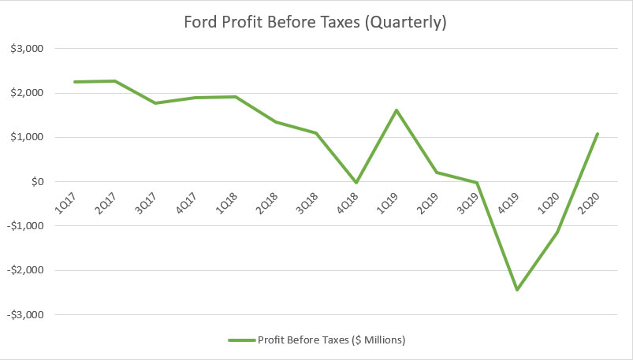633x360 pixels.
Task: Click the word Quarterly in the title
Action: (411, 23)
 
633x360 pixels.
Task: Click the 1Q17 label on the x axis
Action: (66, 200)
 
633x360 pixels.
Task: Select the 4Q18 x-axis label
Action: (351, 200)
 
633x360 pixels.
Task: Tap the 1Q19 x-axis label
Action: (392, 200)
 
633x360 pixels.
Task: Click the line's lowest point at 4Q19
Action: (517, 290)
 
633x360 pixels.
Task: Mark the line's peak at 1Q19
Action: (396, 109)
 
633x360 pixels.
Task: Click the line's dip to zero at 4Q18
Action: (356, 183)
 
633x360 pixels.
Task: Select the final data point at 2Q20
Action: (598, 134)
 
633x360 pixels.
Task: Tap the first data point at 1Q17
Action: (74, 82)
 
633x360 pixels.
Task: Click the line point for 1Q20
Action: (558, 232)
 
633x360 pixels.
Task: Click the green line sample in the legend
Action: (241, 340)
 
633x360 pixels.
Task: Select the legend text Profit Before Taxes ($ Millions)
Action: (331, 340)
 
